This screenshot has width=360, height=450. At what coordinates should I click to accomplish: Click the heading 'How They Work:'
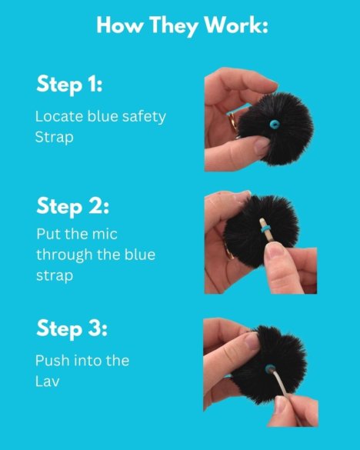(182, 25)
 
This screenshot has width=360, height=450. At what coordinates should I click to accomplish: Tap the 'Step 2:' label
(73, 206)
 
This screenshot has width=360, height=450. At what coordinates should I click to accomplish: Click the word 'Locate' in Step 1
(55, 117)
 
